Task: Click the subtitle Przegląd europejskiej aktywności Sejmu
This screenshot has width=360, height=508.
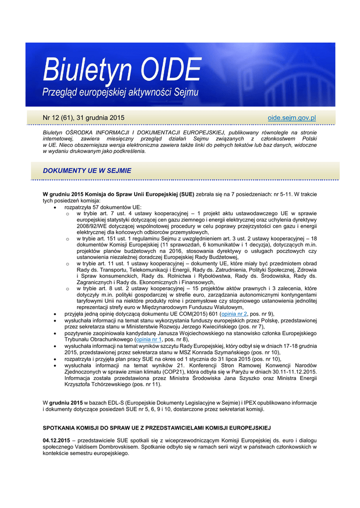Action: (120, 92)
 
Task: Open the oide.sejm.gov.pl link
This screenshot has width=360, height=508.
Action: (291, 118)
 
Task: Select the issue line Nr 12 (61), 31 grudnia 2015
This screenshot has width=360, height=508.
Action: (83, 118)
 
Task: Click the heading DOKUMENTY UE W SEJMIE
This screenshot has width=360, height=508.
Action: (87, 170)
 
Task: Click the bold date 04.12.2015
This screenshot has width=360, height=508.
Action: (56, 441)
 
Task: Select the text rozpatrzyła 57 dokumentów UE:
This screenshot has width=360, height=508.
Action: (103, 206)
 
